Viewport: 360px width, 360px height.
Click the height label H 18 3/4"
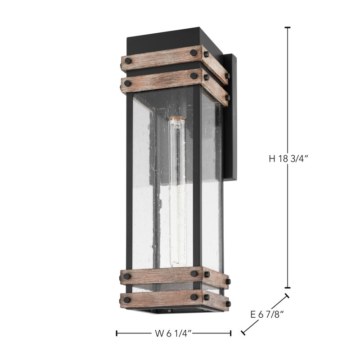(288, 158)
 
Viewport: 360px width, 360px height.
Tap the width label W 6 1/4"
(173, 333)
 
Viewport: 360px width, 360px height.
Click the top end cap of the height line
(288, 28)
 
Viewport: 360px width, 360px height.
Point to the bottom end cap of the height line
(288, 288)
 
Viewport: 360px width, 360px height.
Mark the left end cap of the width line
(117, 333)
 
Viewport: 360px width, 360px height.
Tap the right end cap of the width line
(231, 333)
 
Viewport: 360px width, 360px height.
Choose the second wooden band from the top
(162, 80)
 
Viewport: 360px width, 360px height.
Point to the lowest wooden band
(162, 298)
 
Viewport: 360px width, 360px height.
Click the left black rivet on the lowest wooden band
(128, 298)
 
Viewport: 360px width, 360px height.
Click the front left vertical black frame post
(130, 180)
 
